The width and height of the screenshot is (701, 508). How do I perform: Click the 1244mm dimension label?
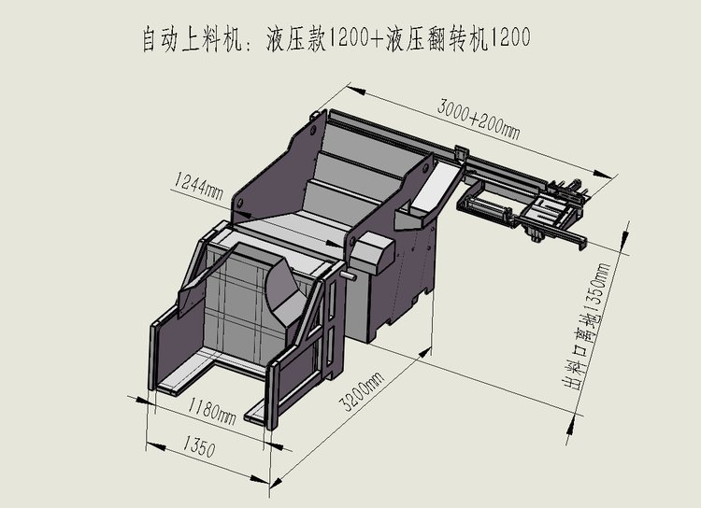196,187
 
